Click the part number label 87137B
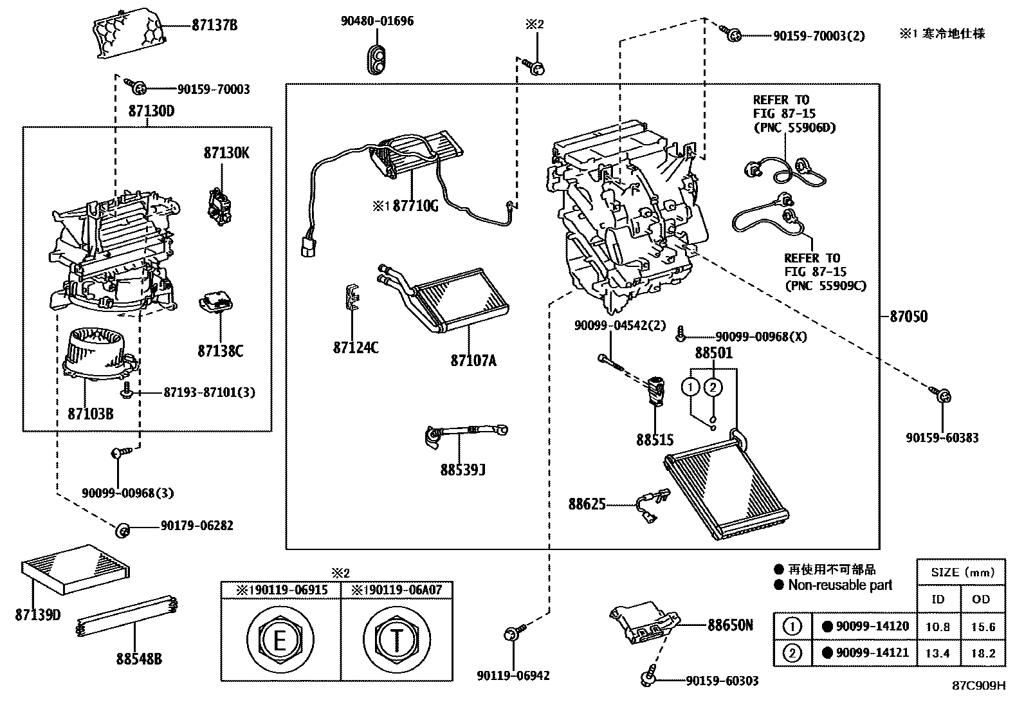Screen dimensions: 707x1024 pos(215,26)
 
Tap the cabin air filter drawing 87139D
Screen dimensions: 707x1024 pos(77,569)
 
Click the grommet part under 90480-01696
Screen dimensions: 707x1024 pos(377,59)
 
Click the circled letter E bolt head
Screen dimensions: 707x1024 pos(280,640)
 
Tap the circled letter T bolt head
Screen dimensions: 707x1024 pos(396,640)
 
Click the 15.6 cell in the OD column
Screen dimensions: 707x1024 pos(982,627)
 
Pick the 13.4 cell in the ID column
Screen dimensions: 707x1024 pos(938,653)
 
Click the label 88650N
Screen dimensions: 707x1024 pos(729,625)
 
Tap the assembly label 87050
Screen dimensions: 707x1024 pos(908,317)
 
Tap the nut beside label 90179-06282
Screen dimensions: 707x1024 pos(122,531)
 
